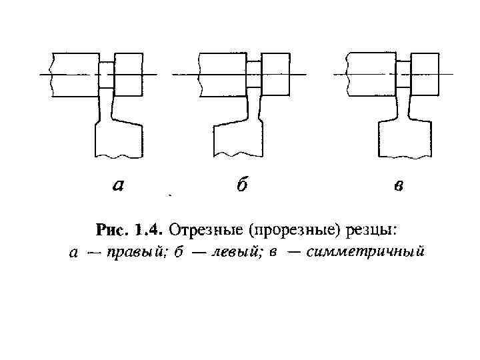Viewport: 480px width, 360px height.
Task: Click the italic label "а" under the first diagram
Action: (117, 186)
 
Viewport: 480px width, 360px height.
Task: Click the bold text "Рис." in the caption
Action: (113, 231)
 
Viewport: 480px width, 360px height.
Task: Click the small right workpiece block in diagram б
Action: (275, 74)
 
